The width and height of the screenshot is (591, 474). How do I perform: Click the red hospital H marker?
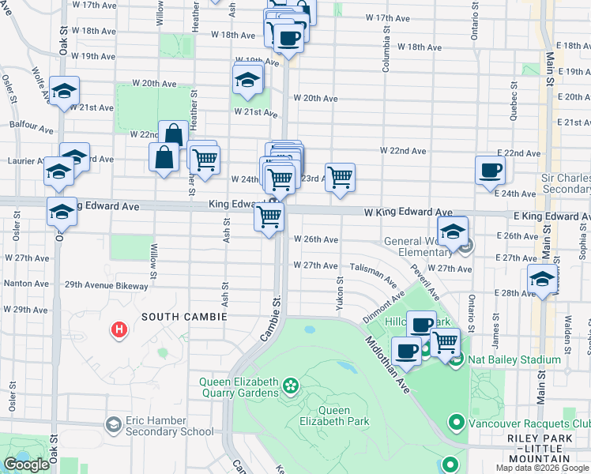pos(119,329)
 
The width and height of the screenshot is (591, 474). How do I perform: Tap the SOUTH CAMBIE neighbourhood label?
pos(184,317)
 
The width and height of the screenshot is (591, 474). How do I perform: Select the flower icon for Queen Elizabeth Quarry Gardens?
pos(291,386)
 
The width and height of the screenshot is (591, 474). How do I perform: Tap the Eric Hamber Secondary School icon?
pos(114,426)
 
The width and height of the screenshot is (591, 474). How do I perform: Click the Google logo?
pos(27,465)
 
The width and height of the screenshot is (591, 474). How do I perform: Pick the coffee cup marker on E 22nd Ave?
pos(490,169)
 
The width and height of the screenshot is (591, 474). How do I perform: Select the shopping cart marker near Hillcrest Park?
pos(446,342)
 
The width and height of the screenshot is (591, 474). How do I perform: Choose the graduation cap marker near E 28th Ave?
pos(542,279)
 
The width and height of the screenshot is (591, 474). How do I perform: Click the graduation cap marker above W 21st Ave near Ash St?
pos(247,79)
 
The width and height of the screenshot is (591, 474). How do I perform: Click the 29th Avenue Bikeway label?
pos(106,284)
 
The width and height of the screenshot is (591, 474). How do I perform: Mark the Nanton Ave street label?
pos(27,283)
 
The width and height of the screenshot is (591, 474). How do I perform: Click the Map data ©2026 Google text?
pos(540,468)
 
